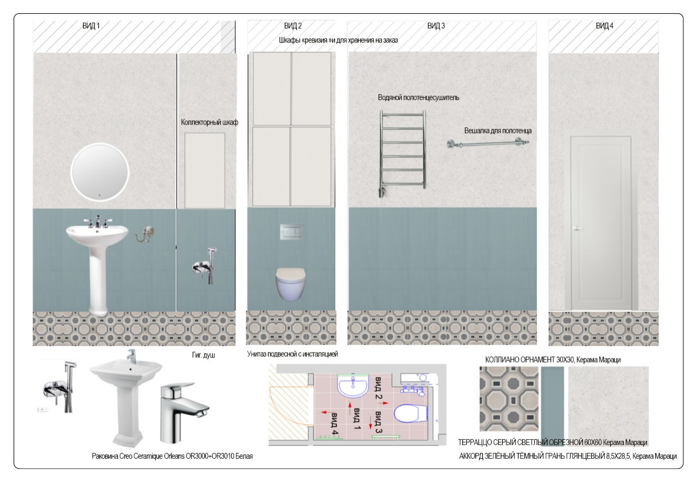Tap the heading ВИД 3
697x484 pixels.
436,26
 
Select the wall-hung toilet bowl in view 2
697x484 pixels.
291,284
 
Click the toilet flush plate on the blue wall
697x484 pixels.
292,231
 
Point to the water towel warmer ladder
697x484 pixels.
402,154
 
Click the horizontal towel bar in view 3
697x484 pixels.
488,143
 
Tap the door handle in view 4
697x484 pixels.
577,229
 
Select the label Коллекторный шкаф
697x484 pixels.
210,122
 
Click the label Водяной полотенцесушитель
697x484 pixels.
419,98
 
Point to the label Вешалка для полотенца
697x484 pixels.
498,130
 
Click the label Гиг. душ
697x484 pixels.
204,355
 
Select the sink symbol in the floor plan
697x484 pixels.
353,386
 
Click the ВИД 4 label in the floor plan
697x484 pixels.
334,423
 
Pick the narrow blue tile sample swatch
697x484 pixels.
552,406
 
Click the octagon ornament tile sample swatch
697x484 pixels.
509,399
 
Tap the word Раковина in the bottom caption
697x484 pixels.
105,456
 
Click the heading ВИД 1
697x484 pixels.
91,26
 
